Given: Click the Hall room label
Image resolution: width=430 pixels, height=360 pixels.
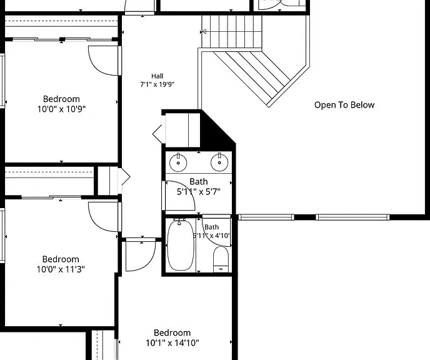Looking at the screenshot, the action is point(157,76).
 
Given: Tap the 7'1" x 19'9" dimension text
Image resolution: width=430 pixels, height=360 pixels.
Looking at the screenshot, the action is point(157,84).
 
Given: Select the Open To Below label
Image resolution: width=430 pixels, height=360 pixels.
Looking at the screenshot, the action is point(344,105).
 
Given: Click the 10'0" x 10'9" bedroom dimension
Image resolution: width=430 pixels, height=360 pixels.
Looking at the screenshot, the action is point(61,109).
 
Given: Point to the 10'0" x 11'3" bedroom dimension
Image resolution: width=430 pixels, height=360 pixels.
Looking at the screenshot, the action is point(61,269).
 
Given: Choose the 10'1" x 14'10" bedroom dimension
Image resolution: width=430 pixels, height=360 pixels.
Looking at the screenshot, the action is point(172,342).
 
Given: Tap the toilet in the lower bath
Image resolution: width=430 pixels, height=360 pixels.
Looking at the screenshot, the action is point(221,259).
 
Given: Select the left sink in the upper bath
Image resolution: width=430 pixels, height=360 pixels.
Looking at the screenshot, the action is point(178,162).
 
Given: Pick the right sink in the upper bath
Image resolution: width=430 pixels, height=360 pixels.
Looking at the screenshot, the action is point(219,162).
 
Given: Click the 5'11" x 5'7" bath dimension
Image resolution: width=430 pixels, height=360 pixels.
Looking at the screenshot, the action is point(199,192).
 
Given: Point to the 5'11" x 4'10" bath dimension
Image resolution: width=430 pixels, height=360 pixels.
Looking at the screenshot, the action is point(212,236).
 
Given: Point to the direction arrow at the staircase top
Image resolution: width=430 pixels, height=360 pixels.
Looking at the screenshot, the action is point(203,32).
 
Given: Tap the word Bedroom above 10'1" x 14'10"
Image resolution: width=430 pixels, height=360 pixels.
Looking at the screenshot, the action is point(172,332).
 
